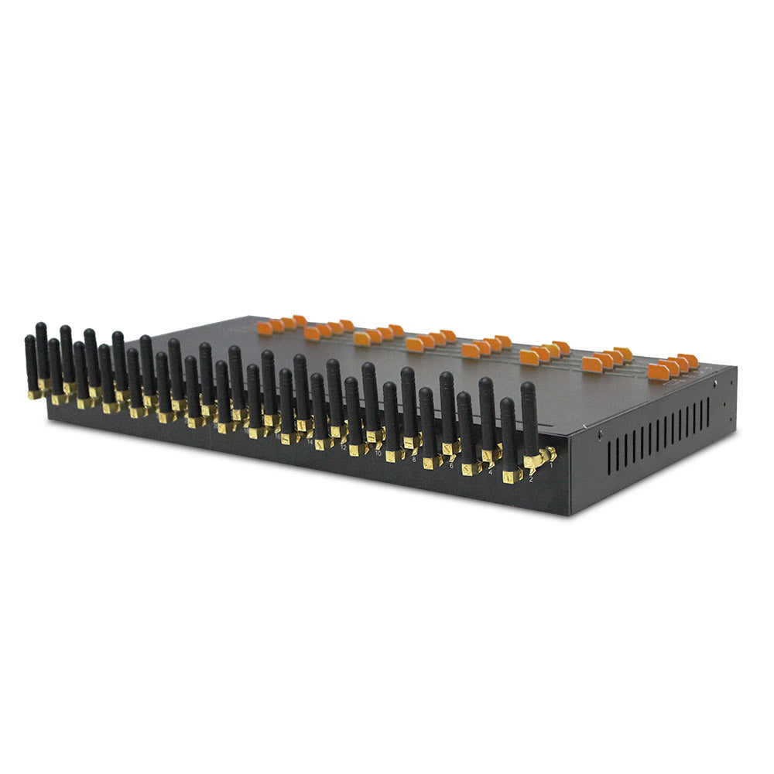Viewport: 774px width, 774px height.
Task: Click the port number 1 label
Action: (551, 466)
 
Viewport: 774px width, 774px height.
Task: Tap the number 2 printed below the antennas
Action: (531, 480)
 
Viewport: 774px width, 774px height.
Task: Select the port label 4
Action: (490, 471)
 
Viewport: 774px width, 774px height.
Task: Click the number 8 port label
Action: (414, 459)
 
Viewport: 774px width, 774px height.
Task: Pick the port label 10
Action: (378, 453)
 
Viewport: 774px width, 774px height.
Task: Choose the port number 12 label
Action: (343, 447)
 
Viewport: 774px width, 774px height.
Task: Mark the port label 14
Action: (310, 441)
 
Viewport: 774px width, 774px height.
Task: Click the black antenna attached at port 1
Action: (529, 418)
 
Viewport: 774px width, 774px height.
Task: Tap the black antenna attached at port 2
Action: (508, 433)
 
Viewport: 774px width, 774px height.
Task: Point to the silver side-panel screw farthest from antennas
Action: (715, 382)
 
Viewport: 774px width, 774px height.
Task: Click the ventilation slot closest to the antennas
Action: (610, 457)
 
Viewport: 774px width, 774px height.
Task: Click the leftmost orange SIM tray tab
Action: (265, 328)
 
